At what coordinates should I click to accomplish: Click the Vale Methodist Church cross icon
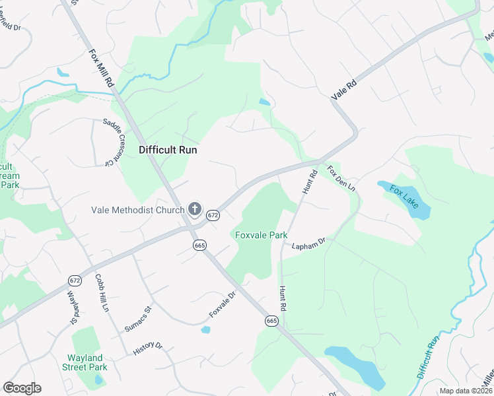(195, 210)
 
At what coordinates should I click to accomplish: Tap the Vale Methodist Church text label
(137, 211)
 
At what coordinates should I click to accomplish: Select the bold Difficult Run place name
(168, 150)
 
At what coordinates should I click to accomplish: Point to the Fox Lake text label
(404, 197)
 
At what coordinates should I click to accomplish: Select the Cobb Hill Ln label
(101, 293)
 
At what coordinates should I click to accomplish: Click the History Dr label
(148, 348)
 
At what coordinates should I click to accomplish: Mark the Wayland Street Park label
(87, 362)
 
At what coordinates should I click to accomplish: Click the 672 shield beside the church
(212, 215)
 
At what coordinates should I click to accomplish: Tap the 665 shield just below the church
(200, 245)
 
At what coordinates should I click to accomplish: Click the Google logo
(22, 388)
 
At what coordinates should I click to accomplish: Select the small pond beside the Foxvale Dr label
(205, 329)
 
